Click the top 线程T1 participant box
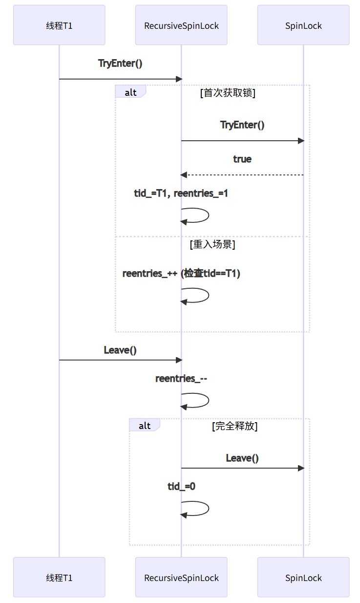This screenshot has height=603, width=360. (59, 25)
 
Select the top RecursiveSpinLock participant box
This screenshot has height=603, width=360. (181, 25)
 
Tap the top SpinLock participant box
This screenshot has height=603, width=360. (303, 25)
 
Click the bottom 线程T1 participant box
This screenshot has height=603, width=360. (59, 578)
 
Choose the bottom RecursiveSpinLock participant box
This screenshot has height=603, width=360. (181, 578)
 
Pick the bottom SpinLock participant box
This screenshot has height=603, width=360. (303, 578)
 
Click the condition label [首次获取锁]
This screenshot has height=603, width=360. (228, 93)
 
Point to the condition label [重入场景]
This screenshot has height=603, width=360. (212, 244)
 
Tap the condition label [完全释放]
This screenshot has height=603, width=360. (234, 426)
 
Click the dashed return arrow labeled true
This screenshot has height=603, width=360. (242, 175)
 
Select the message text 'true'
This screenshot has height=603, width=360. (242, 159)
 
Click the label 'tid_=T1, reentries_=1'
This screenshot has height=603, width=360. (181, 194)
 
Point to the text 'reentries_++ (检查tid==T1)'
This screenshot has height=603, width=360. (181, 274)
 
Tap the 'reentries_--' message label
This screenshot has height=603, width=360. (181, 379)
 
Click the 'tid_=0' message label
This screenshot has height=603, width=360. (181, 486)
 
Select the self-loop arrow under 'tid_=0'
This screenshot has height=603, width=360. (200, 508)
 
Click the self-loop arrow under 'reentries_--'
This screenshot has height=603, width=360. (200, 401)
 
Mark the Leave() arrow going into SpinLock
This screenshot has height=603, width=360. (242, 468)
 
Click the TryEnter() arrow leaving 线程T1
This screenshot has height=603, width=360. (120, 79)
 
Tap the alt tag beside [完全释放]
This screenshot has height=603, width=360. (145, 426)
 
